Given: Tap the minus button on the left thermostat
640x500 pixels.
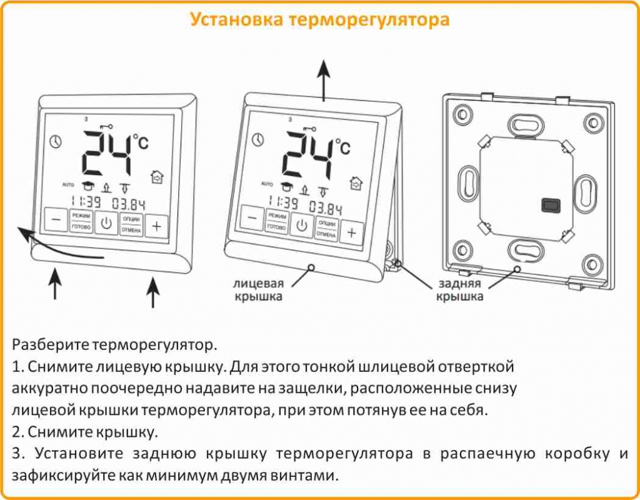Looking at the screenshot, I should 56,221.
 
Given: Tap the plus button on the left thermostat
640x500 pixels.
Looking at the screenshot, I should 156,225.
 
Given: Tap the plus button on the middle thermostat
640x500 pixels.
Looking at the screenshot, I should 351,233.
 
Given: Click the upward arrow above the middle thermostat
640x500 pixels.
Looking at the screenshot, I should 323,78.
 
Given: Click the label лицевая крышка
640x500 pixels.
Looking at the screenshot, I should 258,288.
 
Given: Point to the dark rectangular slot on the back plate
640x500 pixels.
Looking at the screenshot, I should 551,205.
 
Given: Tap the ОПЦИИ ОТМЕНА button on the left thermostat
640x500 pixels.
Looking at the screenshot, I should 131,224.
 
